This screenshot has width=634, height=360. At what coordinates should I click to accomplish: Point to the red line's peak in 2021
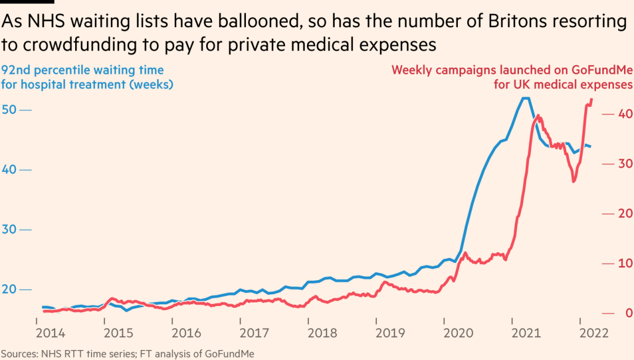coord(539,116)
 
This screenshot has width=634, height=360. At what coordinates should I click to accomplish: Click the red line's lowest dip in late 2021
coord(574,181)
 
